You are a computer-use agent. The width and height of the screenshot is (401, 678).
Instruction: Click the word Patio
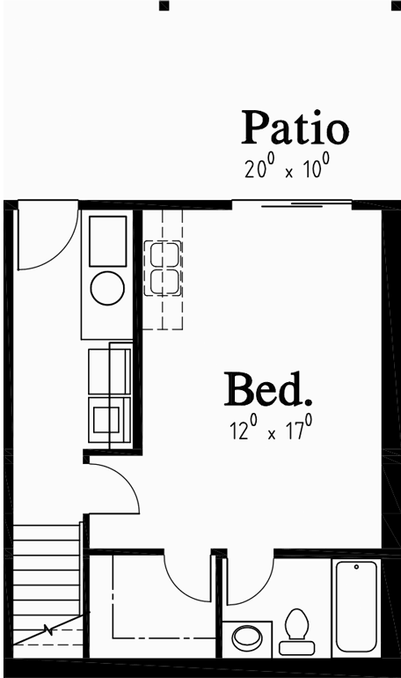click(295, 128)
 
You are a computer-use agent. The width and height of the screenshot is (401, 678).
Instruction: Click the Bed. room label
click(268, 390)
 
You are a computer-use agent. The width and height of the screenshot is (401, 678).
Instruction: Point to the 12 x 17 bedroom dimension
click(268, 431)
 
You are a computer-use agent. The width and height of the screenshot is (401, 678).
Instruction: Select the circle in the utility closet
click(107, 288)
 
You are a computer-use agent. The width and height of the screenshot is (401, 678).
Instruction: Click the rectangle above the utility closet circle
click(107, 237)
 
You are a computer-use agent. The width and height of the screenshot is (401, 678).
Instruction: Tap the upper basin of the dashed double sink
click(164, 254)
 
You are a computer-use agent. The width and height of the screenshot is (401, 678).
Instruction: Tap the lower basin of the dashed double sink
click(164, 282)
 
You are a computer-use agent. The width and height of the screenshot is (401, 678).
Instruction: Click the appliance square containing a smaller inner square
click(109, 419)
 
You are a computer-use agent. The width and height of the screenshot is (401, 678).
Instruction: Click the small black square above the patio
click(164, 4)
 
